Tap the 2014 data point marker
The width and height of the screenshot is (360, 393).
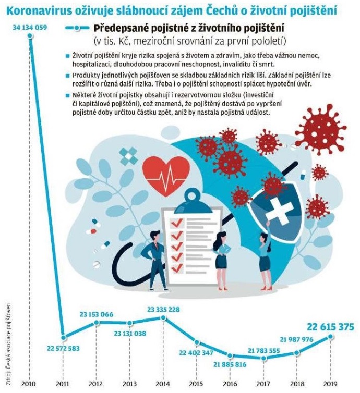point(163,317)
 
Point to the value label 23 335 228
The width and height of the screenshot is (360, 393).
point(163,310)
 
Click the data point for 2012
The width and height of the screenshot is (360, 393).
point(97,323)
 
